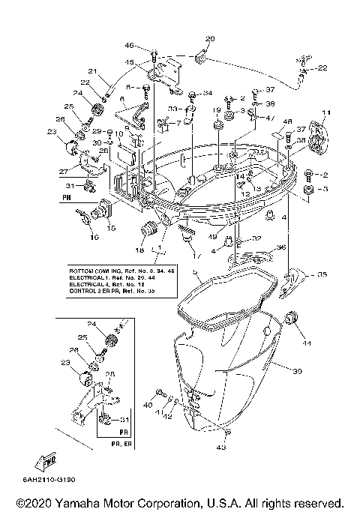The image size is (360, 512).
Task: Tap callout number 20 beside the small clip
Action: (x=209, y=38)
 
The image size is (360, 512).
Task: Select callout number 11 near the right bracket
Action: (x=325, y=113)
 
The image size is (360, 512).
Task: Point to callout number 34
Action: (x=208, y=94)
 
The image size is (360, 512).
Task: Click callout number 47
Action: (x=271, y=119)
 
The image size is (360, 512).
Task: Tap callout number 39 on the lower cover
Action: (x=297, y=373)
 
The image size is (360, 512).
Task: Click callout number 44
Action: (x=307, y=343)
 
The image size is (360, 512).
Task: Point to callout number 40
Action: (x=147, y=404)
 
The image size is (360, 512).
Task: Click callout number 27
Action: (x=66, y=172)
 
